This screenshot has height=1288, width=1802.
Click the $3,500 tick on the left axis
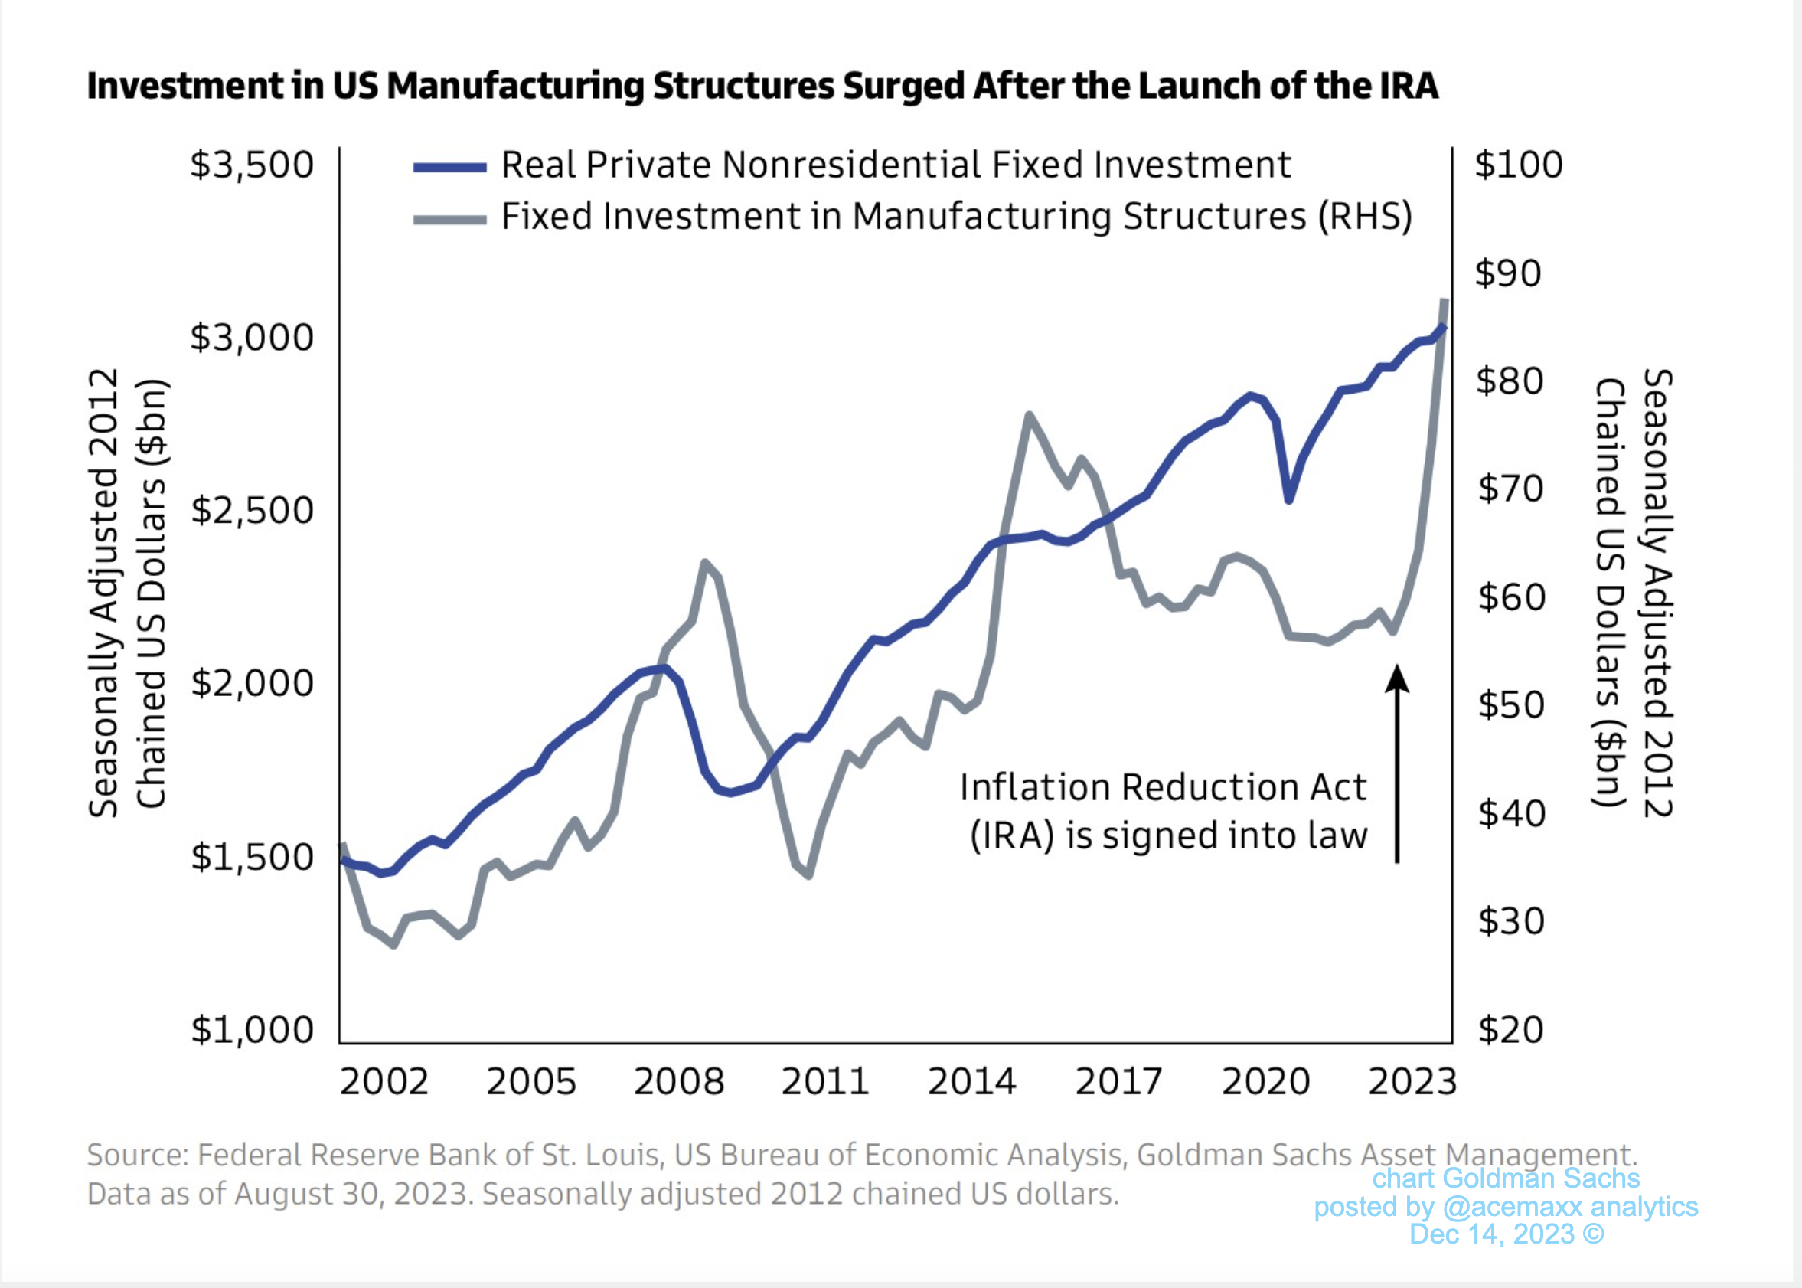click(x=251, y=165)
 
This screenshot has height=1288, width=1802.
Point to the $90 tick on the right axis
click(x=1508, y=273)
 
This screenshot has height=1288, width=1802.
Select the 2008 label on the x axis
click(x=679, y=1082)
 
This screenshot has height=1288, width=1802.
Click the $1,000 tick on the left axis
click(x=251, y=1029)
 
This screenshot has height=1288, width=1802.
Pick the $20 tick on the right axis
click(x=1510, y=1029)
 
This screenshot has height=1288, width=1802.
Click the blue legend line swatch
click(x=449, y=168)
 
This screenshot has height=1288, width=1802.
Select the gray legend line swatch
click(x=449, y=220)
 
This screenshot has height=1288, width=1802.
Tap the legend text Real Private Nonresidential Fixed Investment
click(x=896, y=165)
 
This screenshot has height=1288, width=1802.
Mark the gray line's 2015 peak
click(x=1028, y=416)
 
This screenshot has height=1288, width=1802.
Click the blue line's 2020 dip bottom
click(x=1289, y=499)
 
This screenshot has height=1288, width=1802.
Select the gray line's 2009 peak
click(x=704, y=563)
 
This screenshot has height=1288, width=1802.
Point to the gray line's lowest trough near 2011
click(x=808, y=875)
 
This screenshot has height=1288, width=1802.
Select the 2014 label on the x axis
click(x=972, y=1082)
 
